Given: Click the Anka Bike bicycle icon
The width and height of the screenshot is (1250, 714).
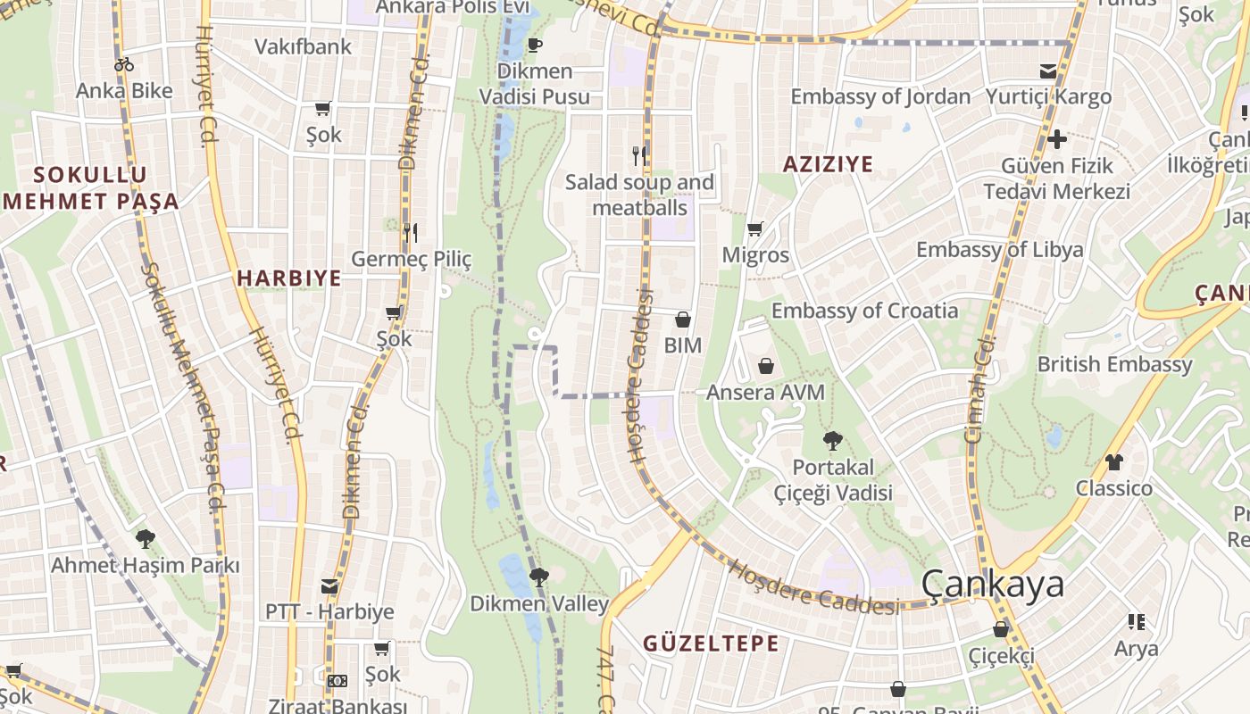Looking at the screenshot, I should (124, 64).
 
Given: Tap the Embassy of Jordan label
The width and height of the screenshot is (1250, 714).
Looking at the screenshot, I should (880, 96).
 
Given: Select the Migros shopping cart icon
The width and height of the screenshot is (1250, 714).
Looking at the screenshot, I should (755, 229).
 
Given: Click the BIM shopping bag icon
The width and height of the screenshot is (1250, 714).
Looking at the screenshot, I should (683, 320).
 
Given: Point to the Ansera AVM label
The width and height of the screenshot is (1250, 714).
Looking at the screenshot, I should (765, 393).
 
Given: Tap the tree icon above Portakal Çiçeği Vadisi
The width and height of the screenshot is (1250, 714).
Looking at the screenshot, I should (833, 440).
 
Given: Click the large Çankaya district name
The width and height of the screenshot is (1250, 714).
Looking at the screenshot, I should (992, 584).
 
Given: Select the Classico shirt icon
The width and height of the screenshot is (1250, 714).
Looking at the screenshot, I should (1113, 462).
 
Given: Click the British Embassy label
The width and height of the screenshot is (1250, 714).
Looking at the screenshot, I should (1114, 364).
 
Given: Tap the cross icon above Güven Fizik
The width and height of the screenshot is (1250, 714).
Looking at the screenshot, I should (1057, 139).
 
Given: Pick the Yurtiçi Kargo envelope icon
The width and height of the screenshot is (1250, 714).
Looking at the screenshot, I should (1048, 71).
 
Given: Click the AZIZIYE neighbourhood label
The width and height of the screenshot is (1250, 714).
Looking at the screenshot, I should (828, 164).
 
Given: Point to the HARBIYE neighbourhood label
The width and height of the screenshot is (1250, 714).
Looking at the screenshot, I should (289, 278).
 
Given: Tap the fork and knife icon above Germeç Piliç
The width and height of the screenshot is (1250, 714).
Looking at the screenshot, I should (411, 233).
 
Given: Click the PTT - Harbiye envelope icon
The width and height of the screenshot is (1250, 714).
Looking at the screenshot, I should (329, 586).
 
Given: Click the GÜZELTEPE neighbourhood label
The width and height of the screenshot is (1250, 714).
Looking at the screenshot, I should (711, 643).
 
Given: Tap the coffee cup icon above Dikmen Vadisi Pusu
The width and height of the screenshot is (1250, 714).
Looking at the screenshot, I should (535, 46).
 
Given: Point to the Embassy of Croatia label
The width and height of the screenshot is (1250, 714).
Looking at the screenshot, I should (864, 311).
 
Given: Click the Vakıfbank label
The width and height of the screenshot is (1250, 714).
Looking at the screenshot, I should (304, 47).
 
